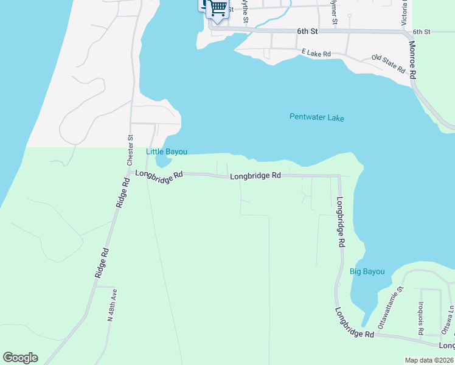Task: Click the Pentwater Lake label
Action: pos(316,117)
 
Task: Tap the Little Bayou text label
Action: pos(166,151)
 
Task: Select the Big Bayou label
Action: pos(367,271)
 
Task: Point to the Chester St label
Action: pos(130,150)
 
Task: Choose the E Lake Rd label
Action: pos(316,54)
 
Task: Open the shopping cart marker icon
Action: pos(218,9)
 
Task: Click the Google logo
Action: pos(20,358)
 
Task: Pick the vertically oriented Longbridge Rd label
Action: pos(341,221)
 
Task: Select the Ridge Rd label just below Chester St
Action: pos(122,193)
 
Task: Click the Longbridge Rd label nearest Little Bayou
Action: pos(159,174)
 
